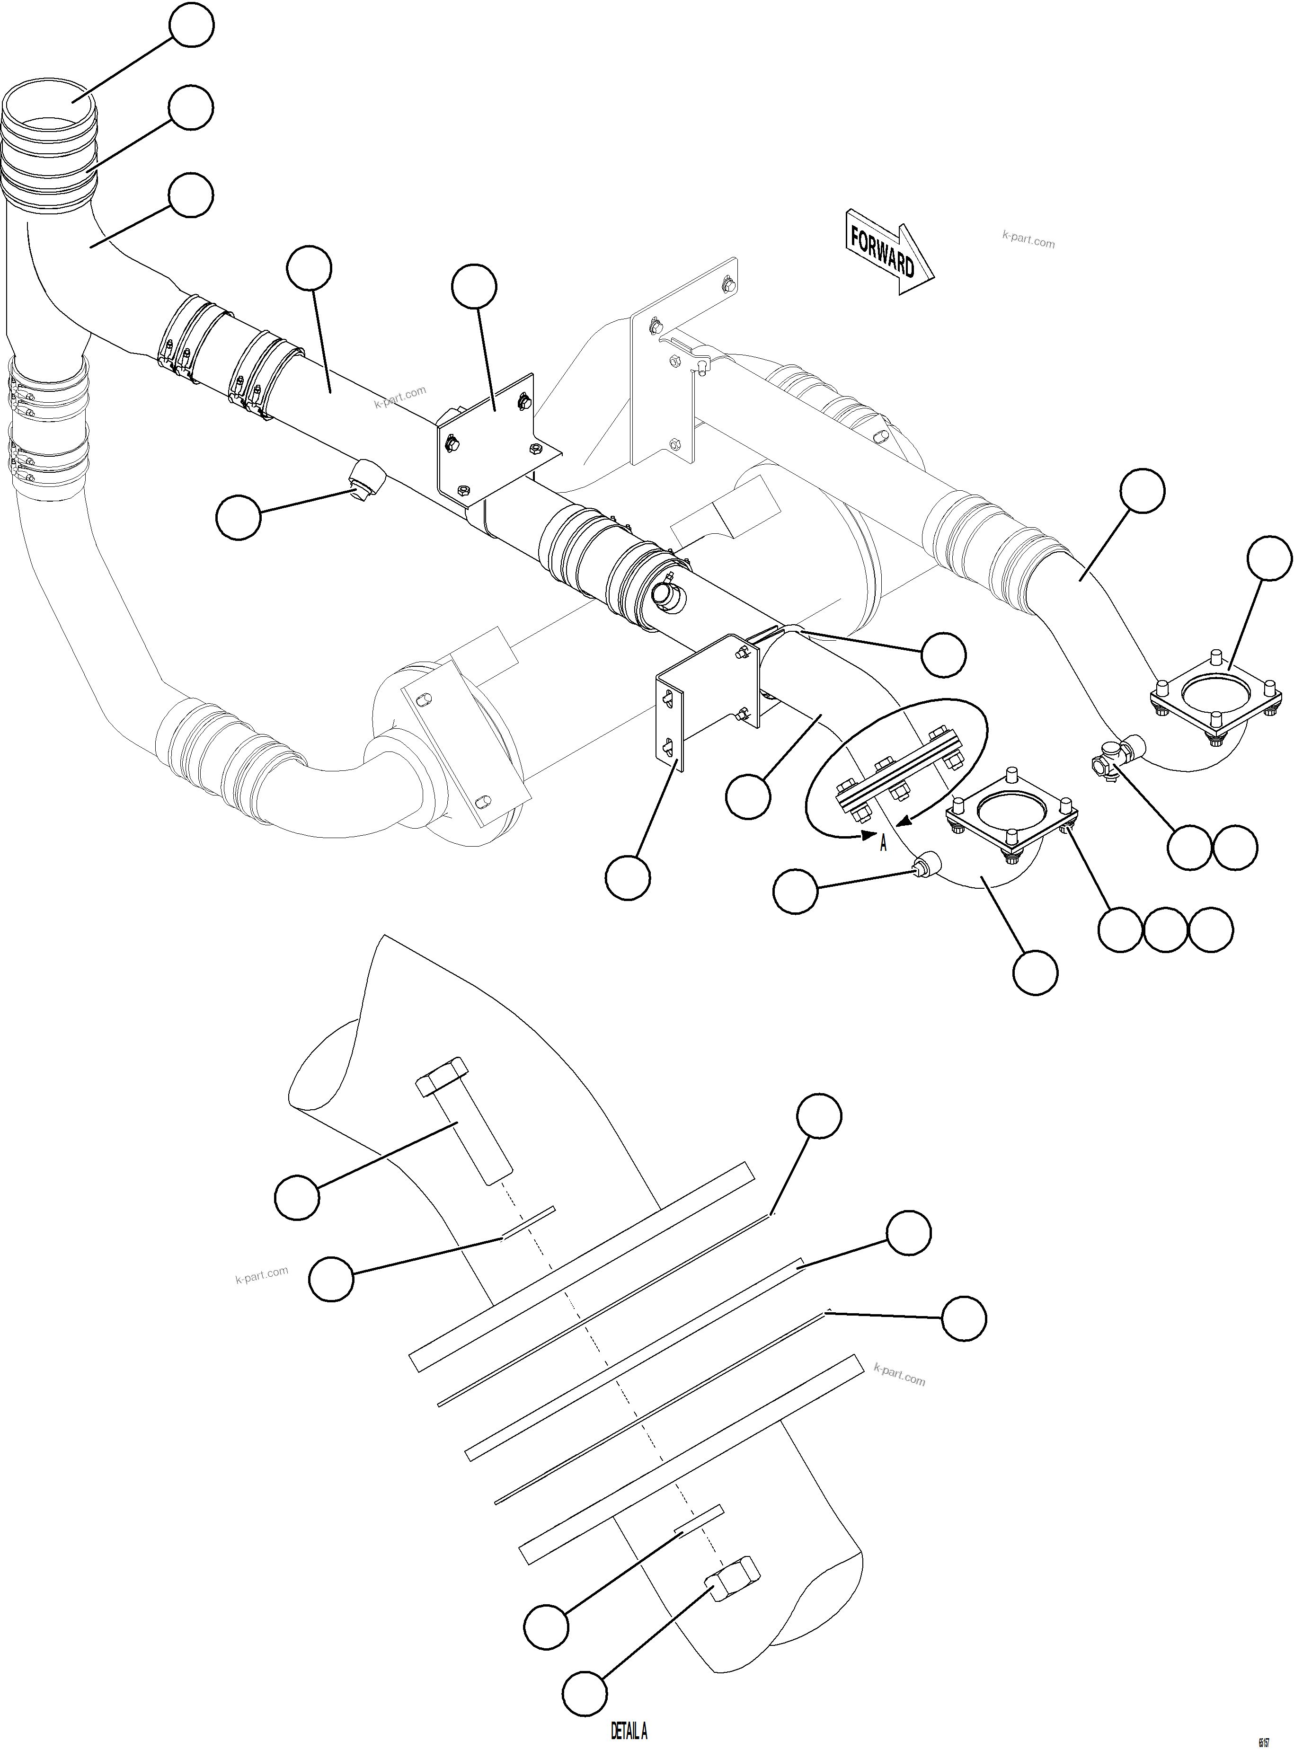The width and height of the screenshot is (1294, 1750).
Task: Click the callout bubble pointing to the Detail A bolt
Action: click(x=297, y=1196)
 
